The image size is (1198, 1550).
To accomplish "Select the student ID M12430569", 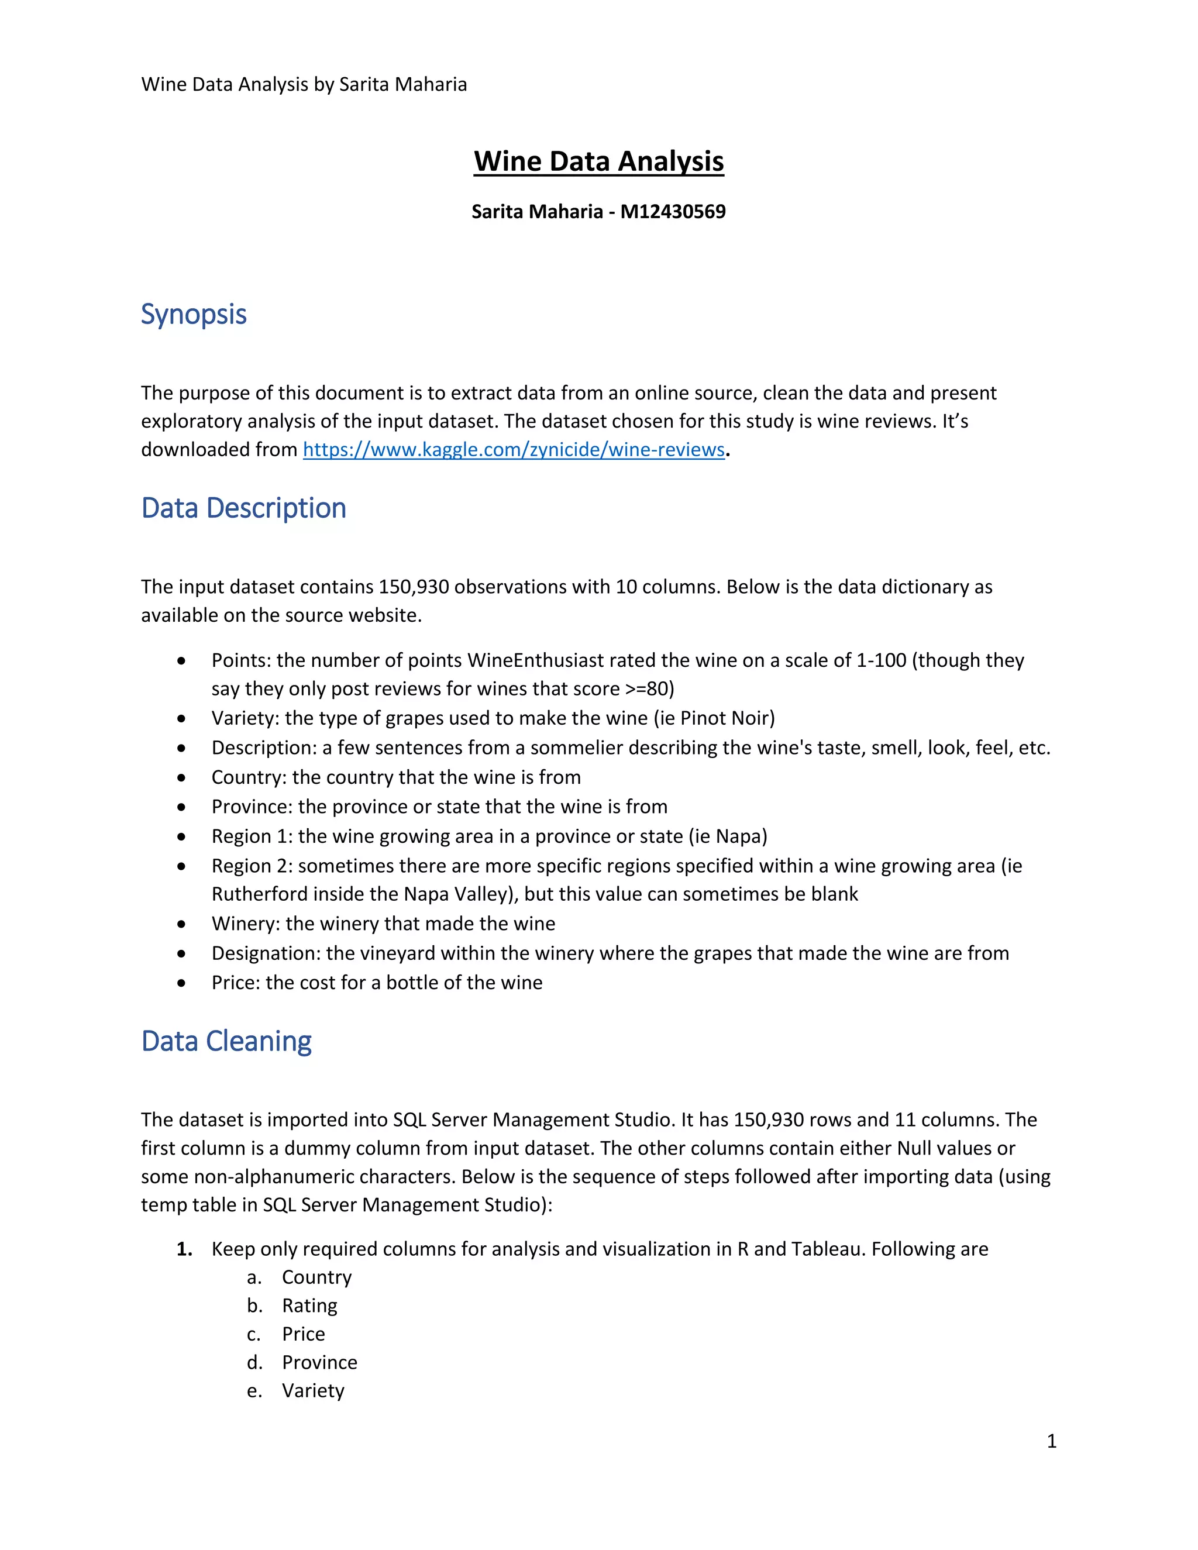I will point(673,212).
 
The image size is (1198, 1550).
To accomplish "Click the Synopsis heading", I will point(194,315).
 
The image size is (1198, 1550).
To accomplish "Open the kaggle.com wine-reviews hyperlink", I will point(513,449).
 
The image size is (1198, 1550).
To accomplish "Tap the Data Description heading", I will point(243,508).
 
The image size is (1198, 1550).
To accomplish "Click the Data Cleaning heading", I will point(226,1041).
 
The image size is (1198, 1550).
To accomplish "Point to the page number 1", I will point(1051,1441).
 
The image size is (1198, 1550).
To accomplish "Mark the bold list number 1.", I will point(184,1249).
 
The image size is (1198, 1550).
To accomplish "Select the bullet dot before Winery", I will point(183,924).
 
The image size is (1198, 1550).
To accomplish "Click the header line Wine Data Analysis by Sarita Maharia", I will point(304,84).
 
